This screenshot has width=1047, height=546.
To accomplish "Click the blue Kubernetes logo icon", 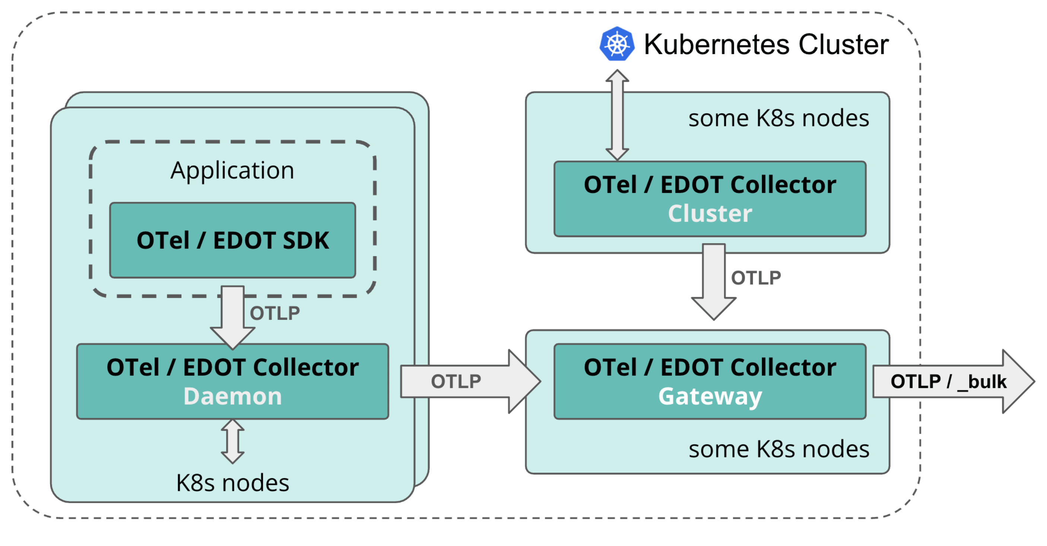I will (617, 44).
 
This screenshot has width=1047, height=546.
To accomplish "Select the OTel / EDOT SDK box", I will (232, 240).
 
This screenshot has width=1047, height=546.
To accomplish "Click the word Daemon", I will (232, 396).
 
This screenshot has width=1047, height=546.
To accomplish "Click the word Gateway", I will (710, 396).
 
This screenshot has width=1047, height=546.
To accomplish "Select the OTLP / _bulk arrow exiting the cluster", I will (951, 381).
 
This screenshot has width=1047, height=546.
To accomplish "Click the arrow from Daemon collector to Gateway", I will (467, 381).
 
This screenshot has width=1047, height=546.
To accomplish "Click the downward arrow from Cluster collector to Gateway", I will (714, 280).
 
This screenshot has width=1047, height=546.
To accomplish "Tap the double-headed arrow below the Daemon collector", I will (232, 441).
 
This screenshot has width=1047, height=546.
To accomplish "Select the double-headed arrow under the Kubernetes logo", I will (617, 115).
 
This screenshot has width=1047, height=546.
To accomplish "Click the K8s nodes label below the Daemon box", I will (232, 483).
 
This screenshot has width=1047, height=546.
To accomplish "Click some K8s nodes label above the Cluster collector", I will (778, 118).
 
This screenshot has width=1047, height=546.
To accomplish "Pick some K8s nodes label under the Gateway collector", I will (778, 449).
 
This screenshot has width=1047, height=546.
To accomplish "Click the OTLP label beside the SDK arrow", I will (275, 313).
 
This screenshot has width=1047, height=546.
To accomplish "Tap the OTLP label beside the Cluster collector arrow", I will (755, 278).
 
